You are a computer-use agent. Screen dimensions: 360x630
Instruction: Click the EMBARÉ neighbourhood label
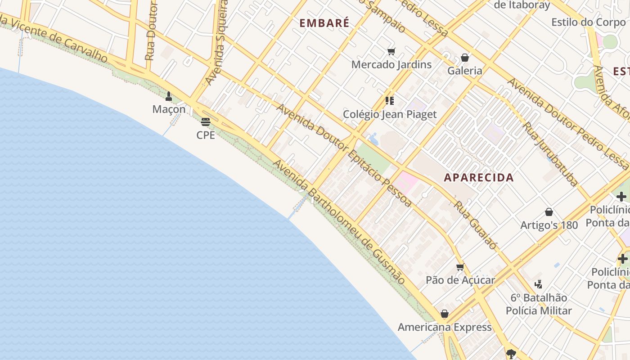coord(324,23)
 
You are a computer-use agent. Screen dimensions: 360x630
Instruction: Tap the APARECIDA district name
coord(479,177)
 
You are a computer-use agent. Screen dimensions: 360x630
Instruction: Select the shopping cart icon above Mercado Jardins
coord(391,52)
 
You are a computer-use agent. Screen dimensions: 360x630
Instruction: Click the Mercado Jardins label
coord(391,64)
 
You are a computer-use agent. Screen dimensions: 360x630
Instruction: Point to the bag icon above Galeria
coord(465,58)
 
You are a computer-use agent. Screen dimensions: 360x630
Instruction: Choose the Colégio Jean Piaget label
coord(390,114)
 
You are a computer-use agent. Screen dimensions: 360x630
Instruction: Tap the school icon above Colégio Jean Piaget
coord(390,101)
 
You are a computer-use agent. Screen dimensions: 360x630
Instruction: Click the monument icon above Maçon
coord(169,96)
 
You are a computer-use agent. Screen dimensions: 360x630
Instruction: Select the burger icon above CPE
coord(206,122)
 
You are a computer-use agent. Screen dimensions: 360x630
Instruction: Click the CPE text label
coord(206,135)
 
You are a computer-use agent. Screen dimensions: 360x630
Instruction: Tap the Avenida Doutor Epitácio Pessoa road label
coord(344,156)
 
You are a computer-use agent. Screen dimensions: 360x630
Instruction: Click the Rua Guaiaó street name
coord(475,225)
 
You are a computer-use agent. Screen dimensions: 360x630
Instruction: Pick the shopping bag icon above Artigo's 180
coord(549,212)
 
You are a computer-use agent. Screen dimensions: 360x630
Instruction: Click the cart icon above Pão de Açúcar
coord(460,267)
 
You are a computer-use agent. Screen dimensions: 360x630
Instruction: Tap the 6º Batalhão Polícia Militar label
coord(539,304)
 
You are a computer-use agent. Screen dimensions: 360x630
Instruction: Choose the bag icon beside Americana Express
coord(445,314)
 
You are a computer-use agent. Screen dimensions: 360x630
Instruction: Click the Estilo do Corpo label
coord(588,22)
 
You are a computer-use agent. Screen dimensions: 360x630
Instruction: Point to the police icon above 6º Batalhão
coord(538,284)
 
